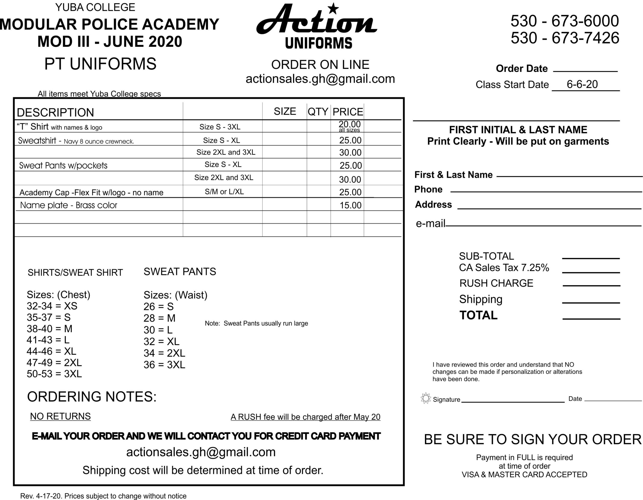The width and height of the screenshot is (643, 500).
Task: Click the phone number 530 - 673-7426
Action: pyautogui.click(x=565, y=38)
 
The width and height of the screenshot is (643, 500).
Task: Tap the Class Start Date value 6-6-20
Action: pyautogui.click(x=582, y=84)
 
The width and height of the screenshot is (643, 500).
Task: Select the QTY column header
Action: pyautogui.click(x=318, y=112)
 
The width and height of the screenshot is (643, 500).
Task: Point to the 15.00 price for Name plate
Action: pyautogui.click(x=350, y=205)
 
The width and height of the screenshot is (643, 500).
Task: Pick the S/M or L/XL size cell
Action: pyautogui.click(x=224, y=192)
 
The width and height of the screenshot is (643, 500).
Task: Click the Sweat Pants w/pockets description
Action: pyautogui.click(x=63, y=165)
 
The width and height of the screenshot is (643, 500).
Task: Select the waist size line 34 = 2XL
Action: pyautogui.click(x=164, y=353)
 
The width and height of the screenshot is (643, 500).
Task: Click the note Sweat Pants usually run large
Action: pyautogui.click(x=256, y=323)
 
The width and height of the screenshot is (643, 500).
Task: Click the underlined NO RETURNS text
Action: pyautogui.click(x=60, y=416)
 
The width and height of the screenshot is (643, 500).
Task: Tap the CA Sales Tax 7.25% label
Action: pyautogui.click(x=504, y=267)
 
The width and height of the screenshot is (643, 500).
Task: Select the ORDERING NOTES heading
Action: pyautogui.click(x=92, y=397)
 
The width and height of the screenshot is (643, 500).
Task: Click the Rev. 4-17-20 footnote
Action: pyautogui.click(x=103, y=496)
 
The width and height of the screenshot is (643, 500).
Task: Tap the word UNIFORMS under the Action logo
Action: pyautogui.click(x=318, y=43)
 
